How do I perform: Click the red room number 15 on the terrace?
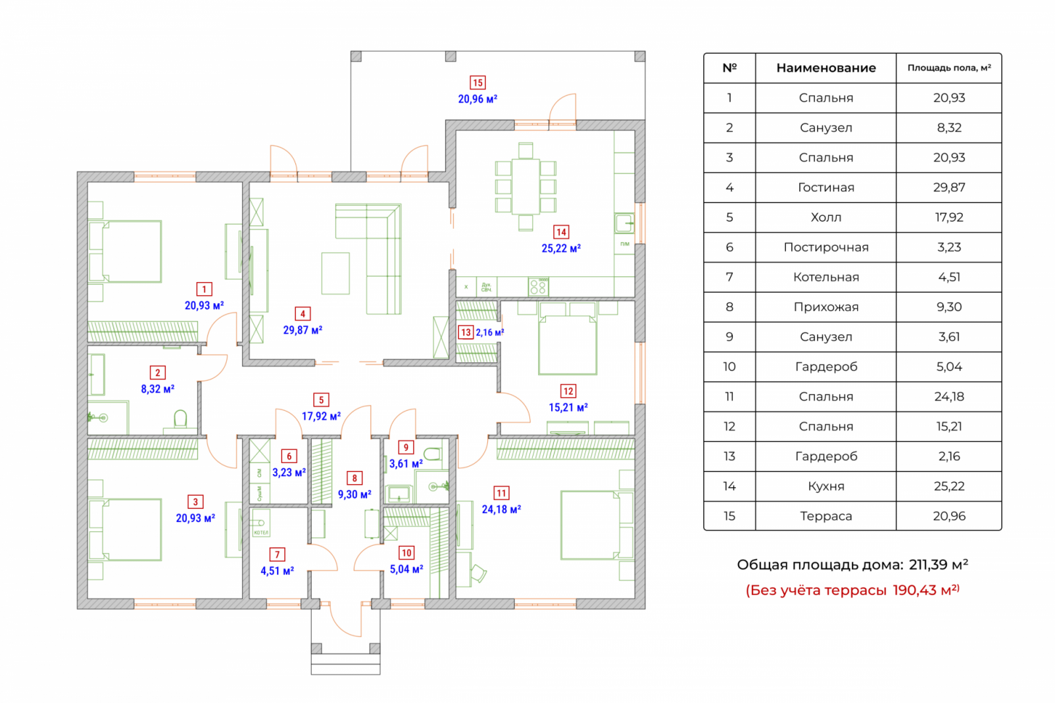pos(478,83)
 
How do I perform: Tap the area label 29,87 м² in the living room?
pos(303,330)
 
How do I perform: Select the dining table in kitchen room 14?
pos(526,187)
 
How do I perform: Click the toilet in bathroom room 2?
pos(180,420)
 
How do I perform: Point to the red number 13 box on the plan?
pos(466,332)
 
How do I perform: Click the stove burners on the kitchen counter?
pos(538,286)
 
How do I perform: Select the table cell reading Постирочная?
pos(825,247)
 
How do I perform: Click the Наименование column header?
pos(825,68)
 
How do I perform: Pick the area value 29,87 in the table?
pos(948,187)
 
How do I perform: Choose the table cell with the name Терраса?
pos(825,516)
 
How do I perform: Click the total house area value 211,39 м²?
pos(938,565)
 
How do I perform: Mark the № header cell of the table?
pos(729,68)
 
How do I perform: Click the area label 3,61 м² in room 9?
pos(406,464)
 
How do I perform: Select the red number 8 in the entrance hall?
pos(355,478)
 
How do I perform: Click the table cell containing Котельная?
pos(825,278)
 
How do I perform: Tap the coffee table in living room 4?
pos(335,273)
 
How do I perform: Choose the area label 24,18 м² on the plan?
pos(501,509)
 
